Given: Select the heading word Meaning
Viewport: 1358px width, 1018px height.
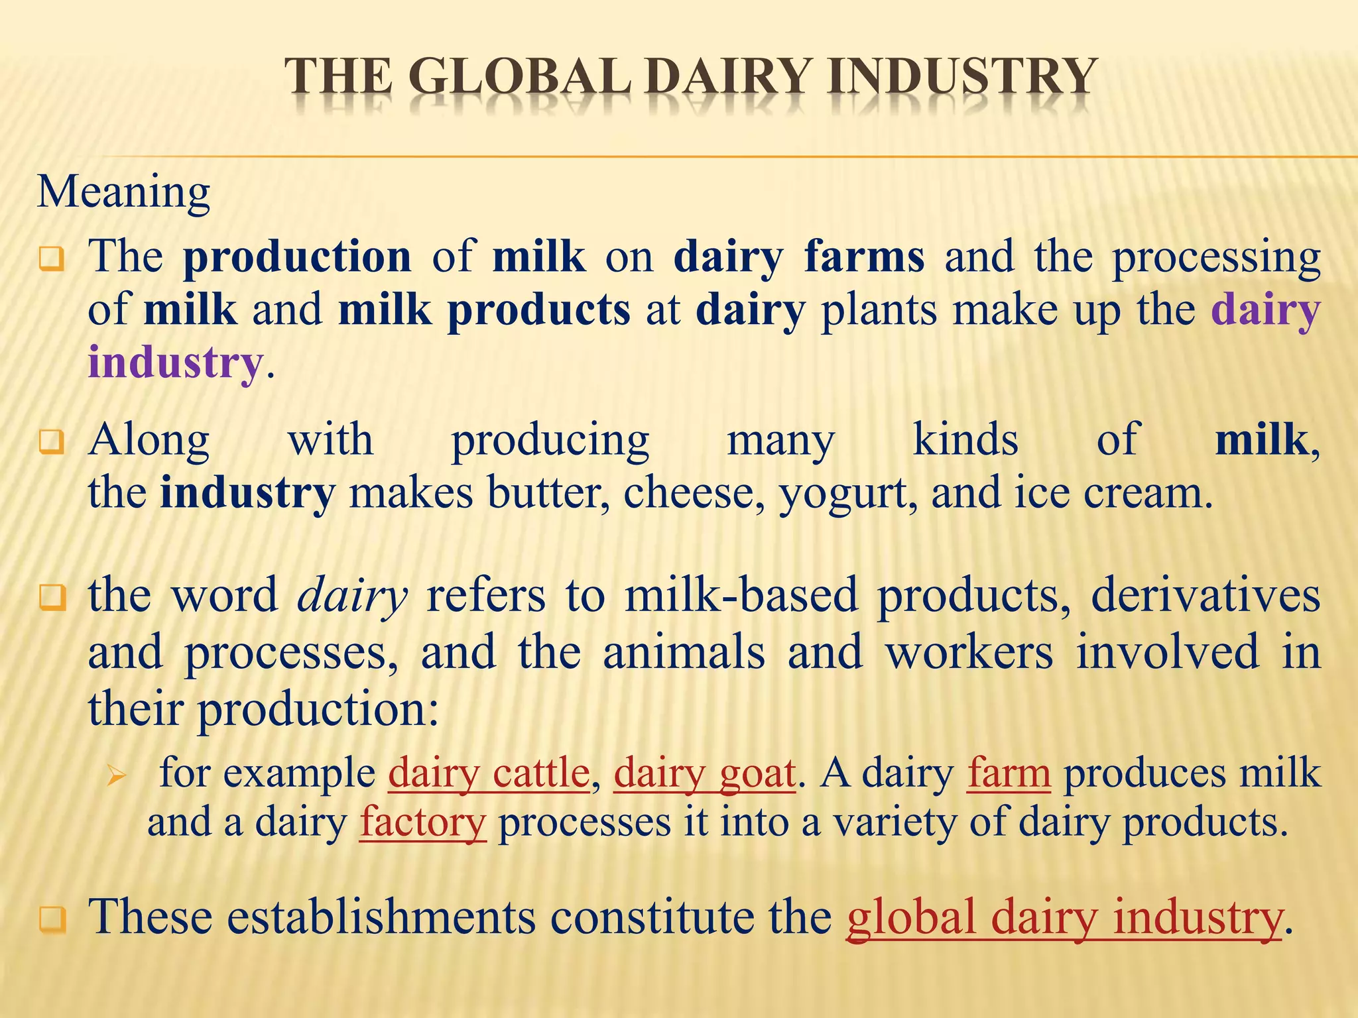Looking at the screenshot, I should (x=123, y=192).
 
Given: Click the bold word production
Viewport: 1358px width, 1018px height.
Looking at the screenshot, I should (x=297, y=257).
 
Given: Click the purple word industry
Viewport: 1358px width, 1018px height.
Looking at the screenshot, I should (x=176, y=363).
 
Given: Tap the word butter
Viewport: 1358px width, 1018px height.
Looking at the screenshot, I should (x=548, y=494).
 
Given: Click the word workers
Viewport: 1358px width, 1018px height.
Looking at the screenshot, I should (x=969, y=652).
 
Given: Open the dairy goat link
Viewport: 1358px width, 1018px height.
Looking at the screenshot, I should (x=705, y=773).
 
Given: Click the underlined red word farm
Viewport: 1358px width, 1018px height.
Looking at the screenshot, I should (x=1009, y=773).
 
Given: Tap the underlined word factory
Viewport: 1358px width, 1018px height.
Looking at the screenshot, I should (x=423, y=823).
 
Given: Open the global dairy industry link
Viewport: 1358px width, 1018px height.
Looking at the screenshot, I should (x=1064, y=917).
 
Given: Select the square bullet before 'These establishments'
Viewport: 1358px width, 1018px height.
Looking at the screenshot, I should (x=52, y=920).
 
